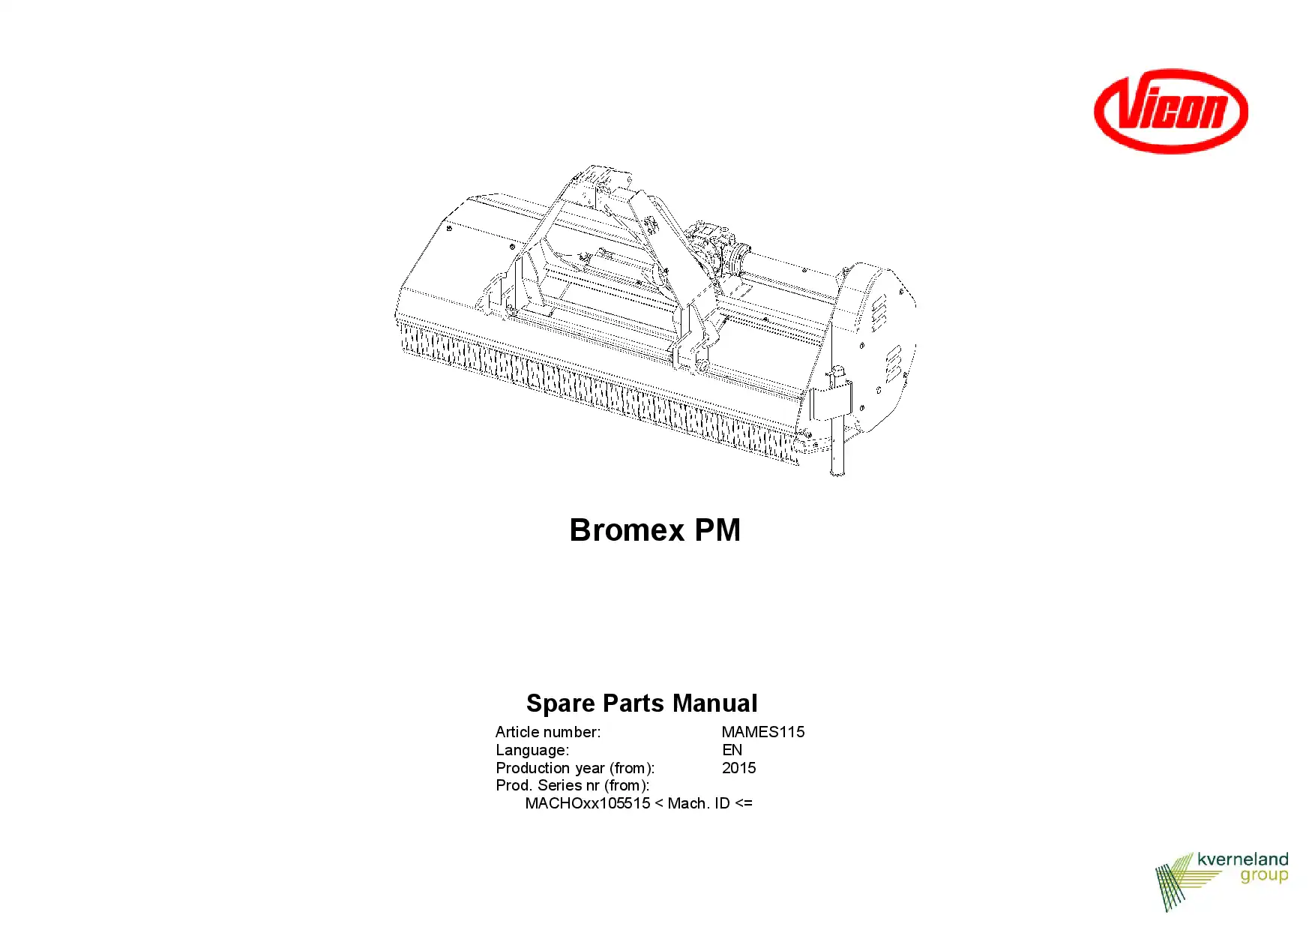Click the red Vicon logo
click(x=1171, y=111)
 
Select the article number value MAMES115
click(x=763, y=732)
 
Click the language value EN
click(x=732, y=750)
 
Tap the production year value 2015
click(x=739, y=768)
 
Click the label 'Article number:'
click(x=548, y=732)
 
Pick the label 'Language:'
click(x=532, y=750)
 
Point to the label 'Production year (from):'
click(x=575, y=768)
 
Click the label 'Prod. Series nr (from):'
click(x=573, y=785)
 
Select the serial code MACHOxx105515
click(x=588, y=803)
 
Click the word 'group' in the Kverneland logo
click(x=1264, y=876)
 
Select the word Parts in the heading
click(x=634, y=703)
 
